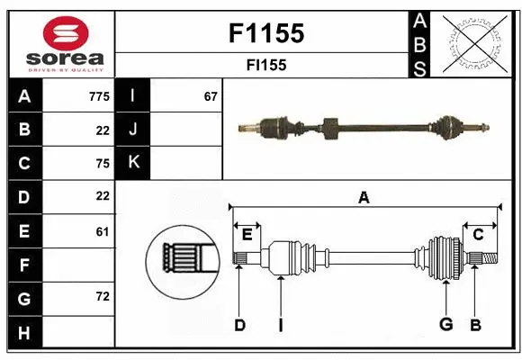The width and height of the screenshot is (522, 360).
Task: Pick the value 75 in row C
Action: [102, 164]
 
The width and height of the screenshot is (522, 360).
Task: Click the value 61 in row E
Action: [102, 231]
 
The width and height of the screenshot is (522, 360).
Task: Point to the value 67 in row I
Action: [211, 96]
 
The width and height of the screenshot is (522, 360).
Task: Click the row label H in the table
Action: [24, 334]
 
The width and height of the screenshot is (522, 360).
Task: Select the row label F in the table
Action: [24, 265]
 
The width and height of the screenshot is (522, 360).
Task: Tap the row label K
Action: [134, 163]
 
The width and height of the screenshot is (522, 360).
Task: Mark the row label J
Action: [134, 130]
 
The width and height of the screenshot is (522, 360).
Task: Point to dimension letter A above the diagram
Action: [364, 198]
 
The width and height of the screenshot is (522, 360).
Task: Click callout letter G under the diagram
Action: [445, 325]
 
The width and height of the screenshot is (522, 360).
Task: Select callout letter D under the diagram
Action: [239, 325]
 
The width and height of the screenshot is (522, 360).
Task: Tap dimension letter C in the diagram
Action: [478, 235]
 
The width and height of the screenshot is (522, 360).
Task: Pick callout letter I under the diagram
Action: [280, 325]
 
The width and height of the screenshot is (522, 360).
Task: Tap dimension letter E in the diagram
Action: [247, 235]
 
